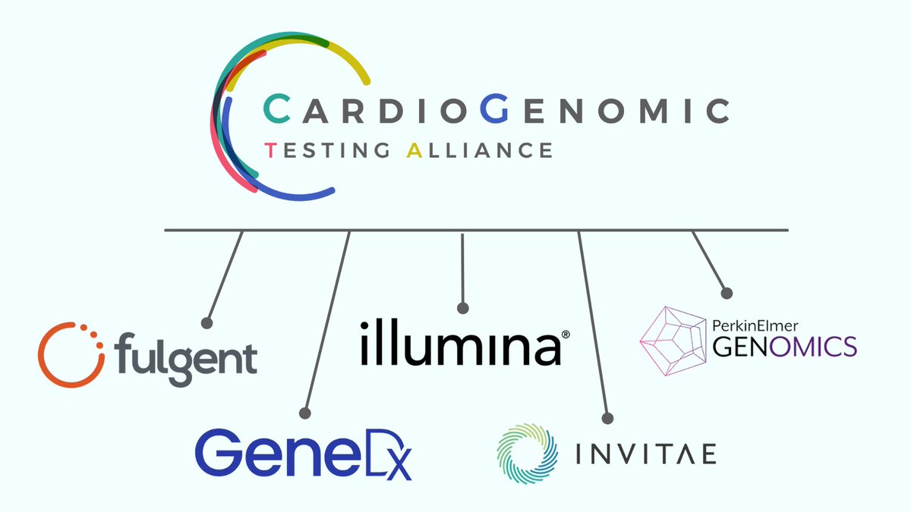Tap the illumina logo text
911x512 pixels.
point(459,343)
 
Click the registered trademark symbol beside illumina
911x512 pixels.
point(565,334)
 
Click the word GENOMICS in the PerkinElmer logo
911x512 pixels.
point(784,347)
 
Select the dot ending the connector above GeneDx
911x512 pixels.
point(304,413)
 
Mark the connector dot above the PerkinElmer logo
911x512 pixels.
point(727,293)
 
